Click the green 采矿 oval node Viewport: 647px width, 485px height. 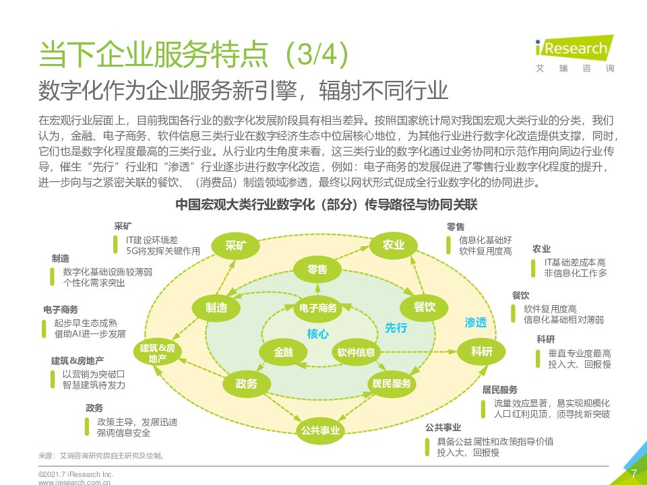(236, 246)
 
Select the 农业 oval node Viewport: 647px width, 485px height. (393, 245)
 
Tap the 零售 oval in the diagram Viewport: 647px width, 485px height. (317, 269)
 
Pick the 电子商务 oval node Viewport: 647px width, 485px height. (317, 308)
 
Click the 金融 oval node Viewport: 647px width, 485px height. (283, 352)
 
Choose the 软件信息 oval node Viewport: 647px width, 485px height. (356, 352)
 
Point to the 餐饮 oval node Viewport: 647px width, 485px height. (424, 307)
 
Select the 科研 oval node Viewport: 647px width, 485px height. (481, 352)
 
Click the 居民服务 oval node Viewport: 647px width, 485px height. (392, 384)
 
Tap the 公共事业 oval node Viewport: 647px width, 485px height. (321, 430)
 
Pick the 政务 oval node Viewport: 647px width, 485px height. (247, 384)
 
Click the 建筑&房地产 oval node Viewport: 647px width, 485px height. (157, 353)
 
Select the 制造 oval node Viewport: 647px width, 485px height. (216, 308)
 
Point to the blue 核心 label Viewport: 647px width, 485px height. (317, 333)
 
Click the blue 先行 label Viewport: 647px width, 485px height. (396, 328)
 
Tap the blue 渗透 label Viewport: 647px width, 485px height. (476, 323)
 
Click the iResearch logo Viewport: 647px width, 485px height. (575, 54)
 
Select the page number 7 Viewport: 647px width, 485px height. (634, 474)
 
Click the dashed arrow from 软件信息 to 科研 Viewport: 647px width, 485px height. (419, 352)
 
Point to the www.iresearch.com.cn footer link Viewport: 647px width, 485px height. (74, 482)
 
